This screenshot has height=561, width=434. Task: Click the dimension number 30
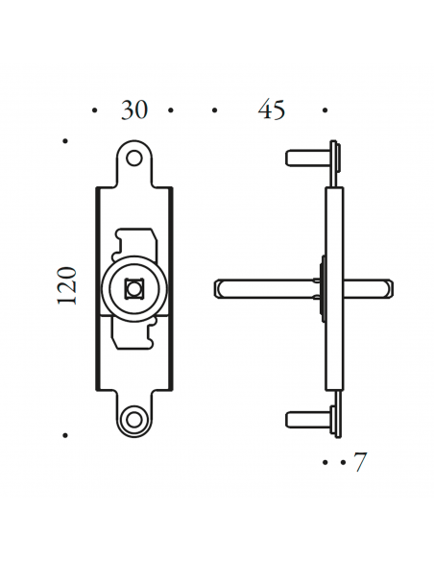pyautogui.click(x=134, y=110)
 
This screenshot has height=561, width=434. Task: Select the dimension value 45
pyautogui.click(x=272, y=110)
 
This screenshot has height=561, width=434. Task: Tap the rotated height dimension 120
pyautogui.click(x=66, y=285)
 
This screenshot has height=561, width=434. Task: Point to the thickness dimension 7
pyautogui.click(x=360, y=462)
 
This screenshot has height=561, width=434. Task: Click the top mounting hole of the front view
pyautogui.click(x=135, y=156)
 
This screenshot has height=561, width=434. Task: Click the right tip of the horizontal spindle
pyautogui.click(x=387, y=285)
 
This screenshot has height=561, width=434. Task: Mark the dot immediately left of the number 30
pyautogui.click(x=94, y=111)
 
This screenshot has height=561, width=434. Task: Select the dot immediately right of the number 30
pyautogui.click(x=170, y=111)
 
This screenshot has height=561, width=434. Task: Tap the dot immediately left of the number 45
pyautogui.click(x=213, y=111)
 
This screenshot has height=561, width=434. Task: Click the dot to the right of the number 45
pyautogui.click(x=325, y=111)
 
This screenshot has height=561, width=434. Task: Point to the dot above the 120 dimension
pyautogui.click(x=65, y=141)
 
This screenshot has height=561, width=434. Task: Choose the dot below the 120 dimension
pyautogui.click(x=65, y=434)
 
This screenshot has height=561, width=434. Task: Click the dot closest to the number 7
pyautogui.click(x=341, y=462)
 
